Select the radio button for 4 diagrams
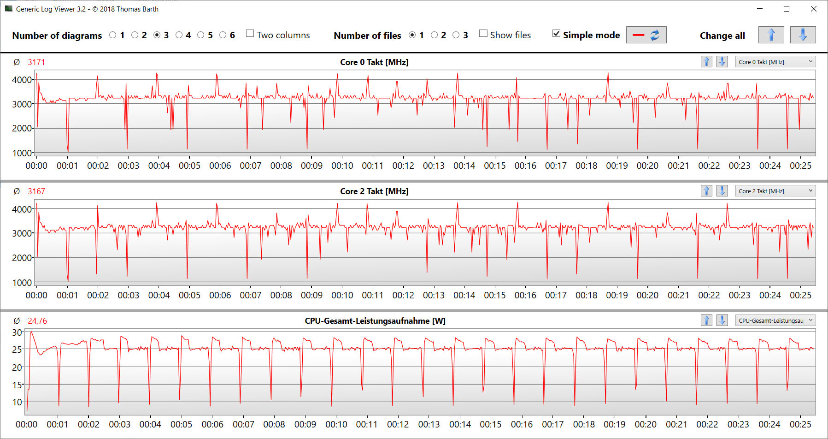179,35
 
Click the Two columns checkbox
250,34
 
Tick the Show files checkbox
483,34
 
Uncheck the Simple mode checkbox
557,34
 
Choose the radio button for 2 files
434,35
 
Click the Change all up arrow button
771,35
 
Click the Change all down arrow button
803,35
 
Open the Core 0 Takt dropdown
775,62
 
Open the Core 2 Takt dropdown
775,191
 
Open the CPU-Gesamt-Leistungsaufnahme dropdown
775,320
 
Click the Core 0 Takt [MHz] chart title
374,62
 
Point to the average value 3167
36,191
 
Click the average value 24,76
37,321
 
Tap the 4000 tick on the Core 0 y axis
22,80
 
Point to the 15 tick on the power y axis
17,385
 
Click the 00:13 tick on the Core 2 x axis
434,295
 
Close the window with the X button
814,9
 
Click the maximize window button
787,9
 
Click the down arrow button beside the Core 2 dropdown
722,191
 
